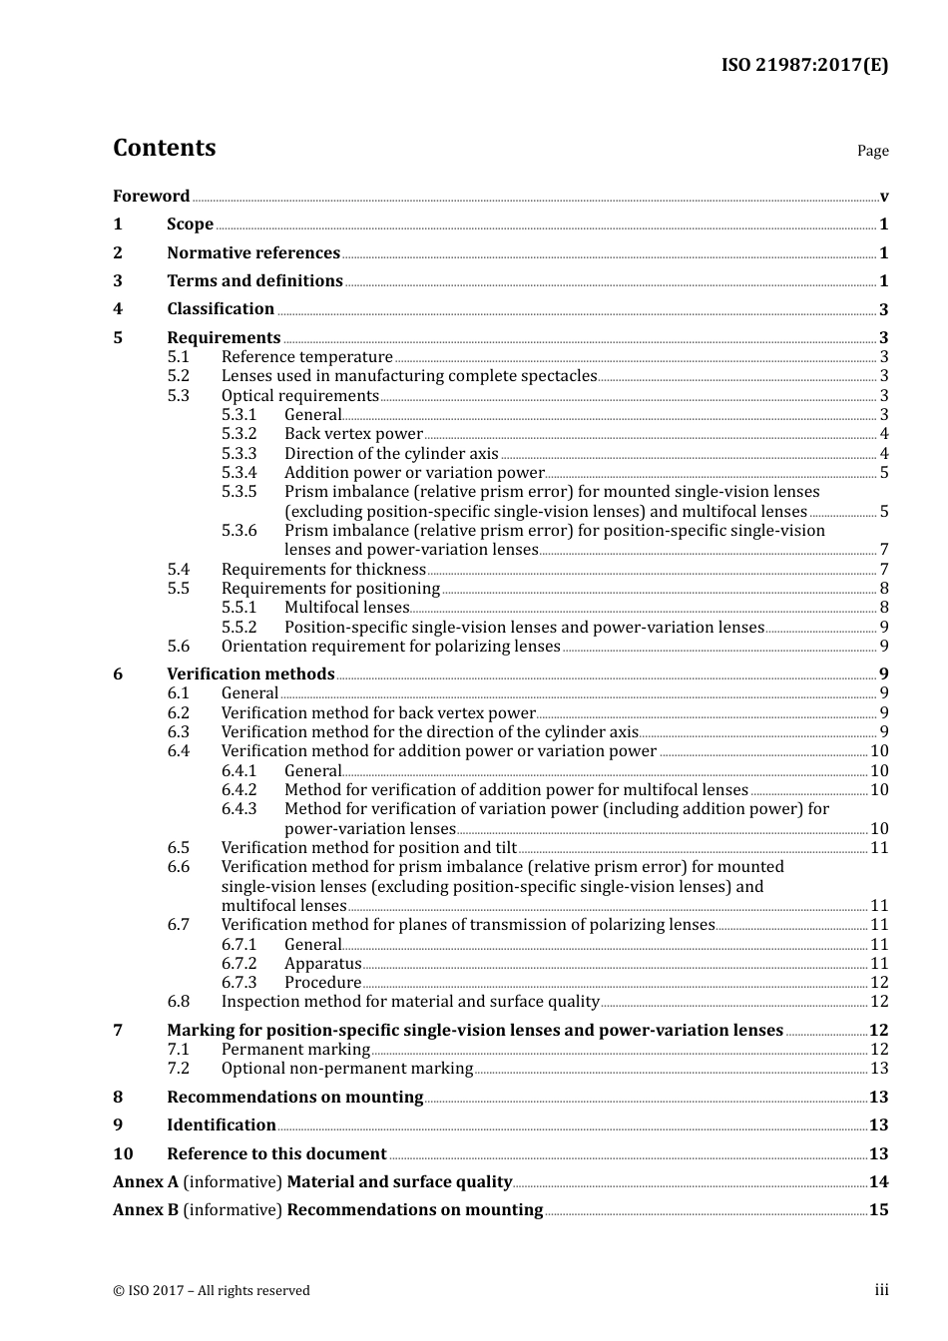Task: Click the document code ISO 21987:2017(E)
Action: click(804, 65)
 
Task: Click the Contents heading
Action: click(164, 148)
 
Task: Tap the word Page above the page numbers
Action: click(872, 151)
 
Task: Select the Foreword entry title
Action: click(151, 197)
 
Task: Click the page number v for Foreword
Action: click(884, 197)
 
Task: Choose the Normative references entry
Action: click(253, 253)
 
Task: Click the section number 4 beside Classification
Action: click(118, 309)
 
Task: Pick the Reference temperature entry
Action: click(306, 357)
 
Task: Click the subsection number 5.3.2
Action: click(238, 434)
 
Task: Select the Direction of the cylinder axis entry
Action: click(391, 454)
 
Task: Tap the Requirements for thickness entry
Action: click(323, 570)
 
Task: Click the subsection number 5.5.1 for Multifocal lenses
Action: click(238, 608)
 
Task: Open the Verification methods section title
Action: click(250, 674)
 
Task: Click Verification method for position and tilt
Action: click(368, 848)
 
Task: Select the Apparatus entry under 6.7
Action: click(322, 964)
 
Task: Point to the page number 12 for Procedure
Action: click(879, 983)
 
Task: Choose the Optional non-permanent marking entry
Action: click(346, 1069)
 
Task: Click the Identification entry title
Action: click(222, 1125)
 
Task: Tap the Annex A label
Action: click(146, 1182)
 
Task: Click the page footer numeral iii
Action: click(881, 1290)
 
